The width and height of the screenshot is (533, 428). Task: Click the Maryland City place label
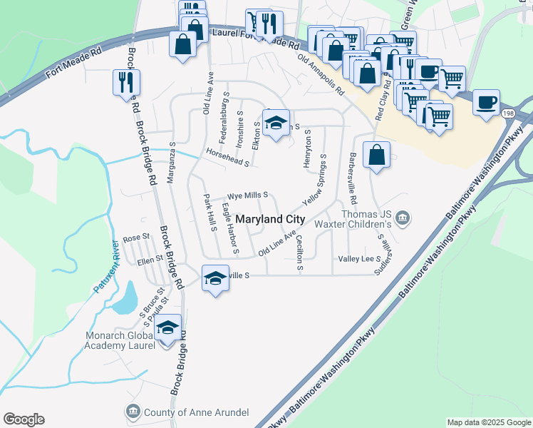270,219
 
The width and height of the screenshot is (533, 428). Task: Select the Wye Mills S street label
247,195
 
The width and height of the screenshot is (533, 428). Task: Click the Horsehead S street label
227,157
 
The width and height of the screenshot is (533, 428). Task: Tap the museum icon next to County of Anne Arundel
133,412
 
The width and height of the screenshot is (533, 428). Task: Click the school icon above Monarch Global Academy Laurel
167,329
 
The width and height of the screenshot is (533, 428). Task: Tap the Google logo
24,419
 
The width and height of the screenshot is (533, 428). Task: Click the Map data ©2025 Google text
489,422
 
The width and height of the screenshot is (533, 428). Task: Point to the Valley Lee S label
360,259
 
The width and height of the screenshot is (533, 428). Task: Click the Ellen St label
150,261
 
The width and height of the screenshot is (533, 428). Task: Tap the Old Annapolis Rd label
321,76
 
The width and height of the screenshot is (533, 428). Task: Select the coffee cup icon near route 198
486,101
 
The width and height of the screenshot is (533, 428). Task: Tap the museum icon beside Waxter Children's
403,217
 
